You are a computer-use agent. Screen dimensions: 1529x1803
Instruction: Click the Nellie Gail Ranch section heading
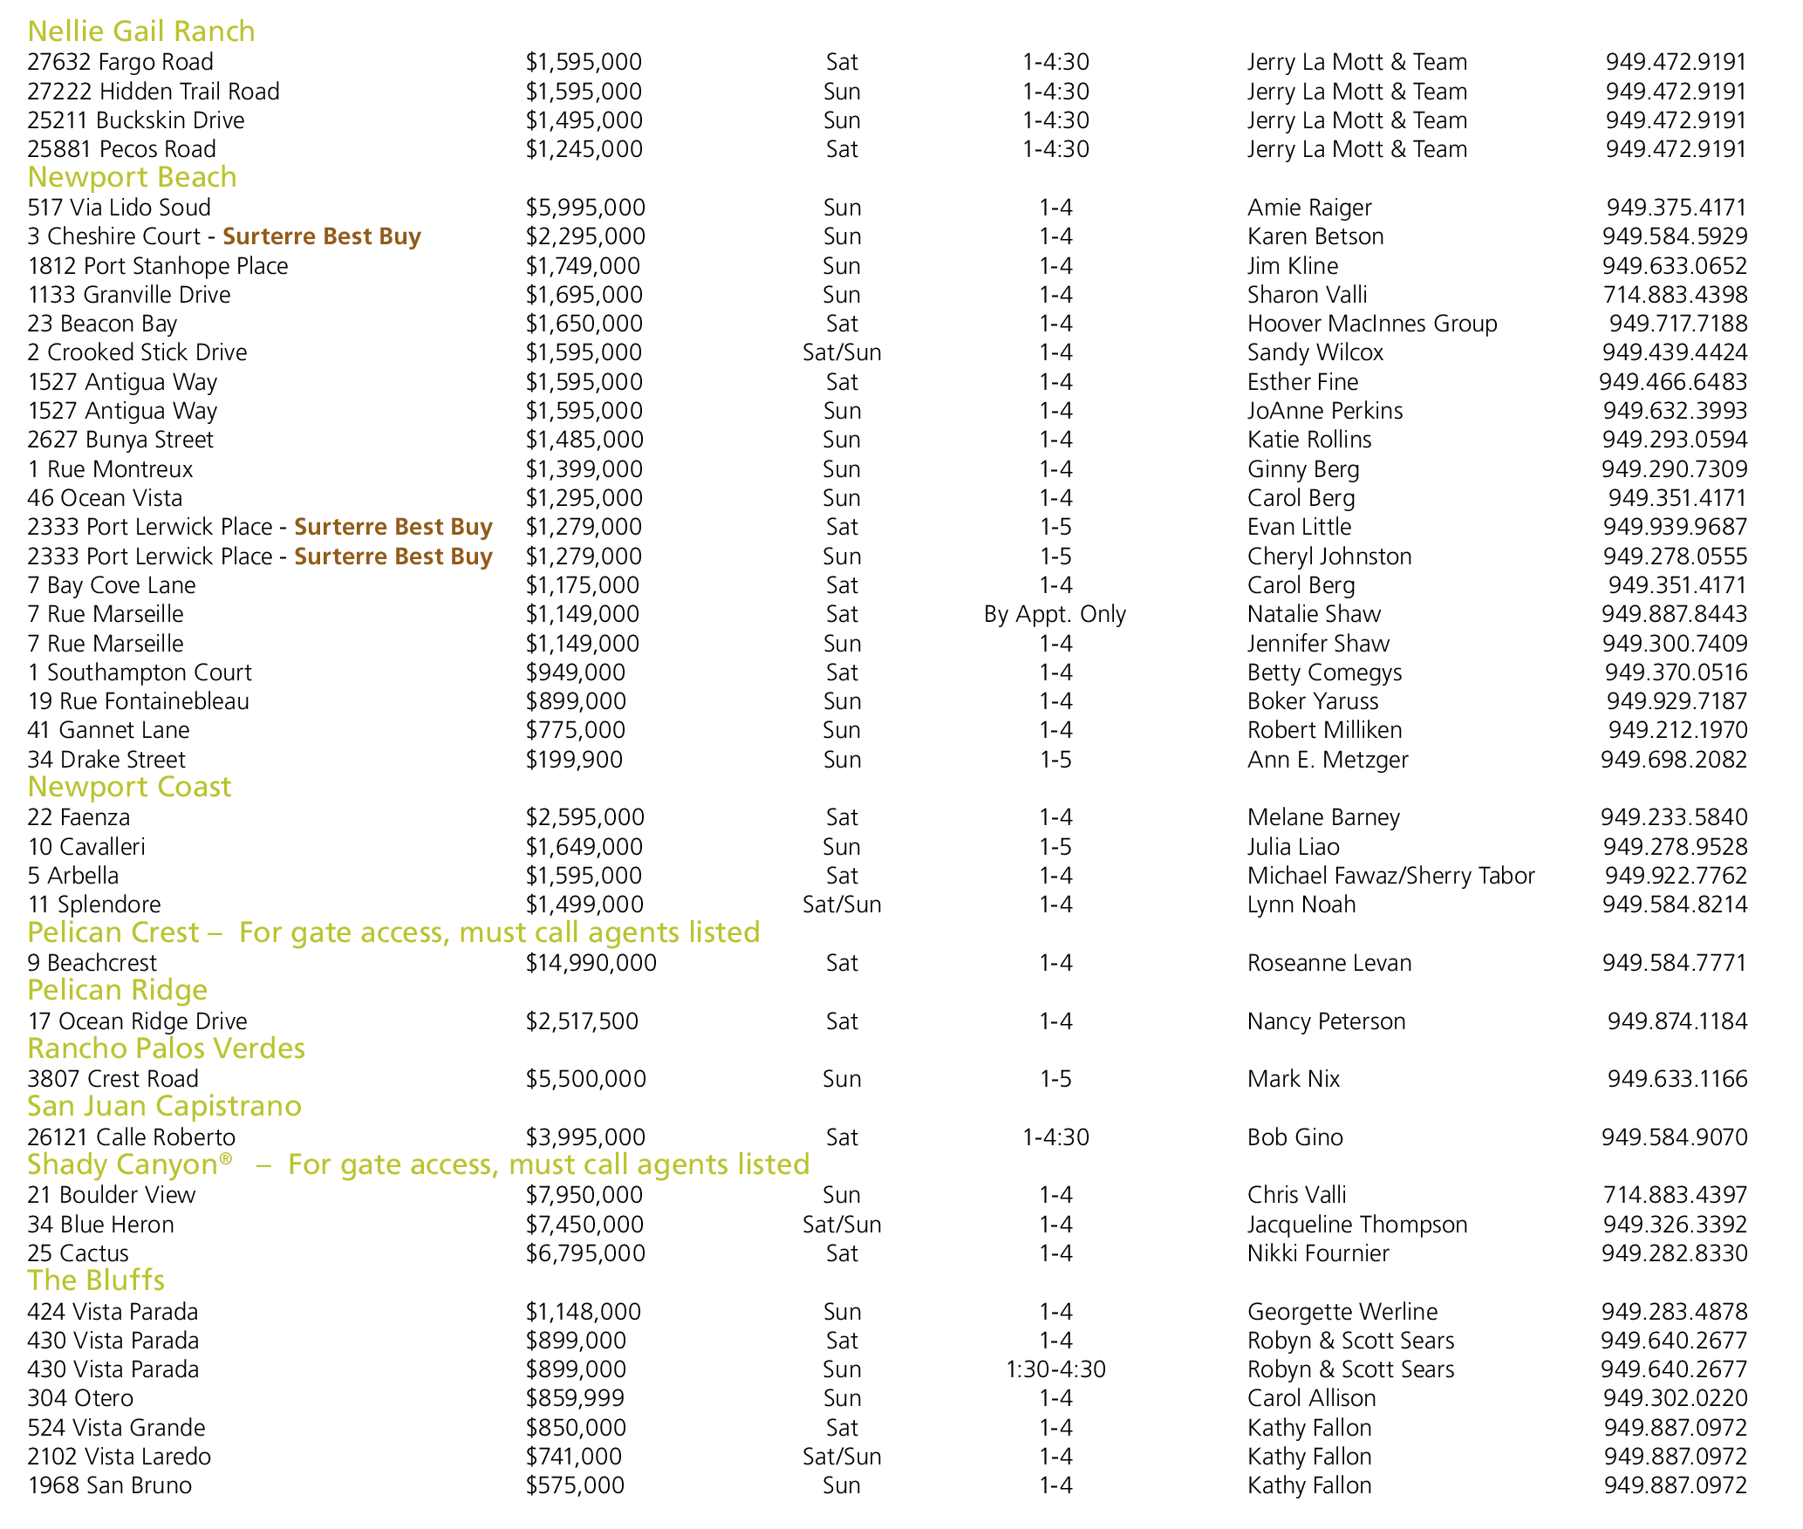(141, 31)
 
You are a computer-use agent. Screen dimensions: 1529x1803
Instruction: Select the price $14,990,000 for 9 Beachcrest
(591, 963)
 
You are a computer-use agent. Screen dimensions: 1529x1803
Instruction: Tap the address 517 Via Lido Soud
(119, 208)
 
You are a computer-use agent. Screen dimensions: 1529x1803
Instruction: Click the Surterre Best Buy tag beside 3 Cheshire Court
(322, 236)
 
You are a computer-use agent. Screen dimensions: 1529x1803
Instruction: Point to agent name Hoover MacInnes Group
(1371, 324)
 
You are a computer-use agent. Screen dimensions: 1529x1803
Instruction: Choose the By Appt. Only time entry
(1055, 614)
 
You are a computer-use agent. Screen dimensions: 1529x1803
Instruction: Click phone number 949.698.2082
(1673, 760)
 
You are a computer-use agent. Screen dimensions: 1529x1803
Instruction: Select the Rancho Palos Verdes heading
(166, 1048)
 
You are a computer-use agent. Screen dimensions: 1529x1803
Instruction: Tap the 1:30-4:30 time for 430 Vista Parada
(1055, 1369)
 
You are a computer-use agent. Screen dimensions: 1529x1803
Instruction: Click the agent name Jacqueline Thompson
(1356, 1225)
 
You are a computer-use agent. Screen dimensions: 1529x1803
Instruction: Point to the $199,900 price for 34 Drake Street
(574, 760)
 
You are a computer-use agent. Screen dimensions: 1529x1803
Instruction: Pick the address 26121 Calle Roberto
(131, 1137)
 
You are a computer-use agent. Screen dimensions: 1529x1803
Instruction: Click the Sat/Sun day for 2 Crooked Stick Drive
(842, 352)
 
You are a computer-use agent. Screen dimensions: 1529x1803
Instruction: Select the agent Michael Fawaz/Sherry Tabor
(1390, 876)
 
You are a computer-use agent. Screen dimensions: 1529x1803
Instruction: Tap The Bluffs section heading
(96, 1280)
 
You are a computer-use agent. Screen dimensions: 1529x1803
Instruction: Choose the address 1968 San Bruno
(109, 1485)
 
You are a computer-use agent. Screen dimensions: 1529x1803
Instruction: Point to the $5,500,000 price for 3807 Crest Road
(585, 1079)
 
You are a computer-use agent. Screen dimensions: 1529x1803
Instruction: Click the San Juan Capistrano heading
(164, 1106)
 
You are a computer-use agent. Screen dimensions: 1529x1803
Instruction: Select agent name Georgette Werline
(1342, 1312)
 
